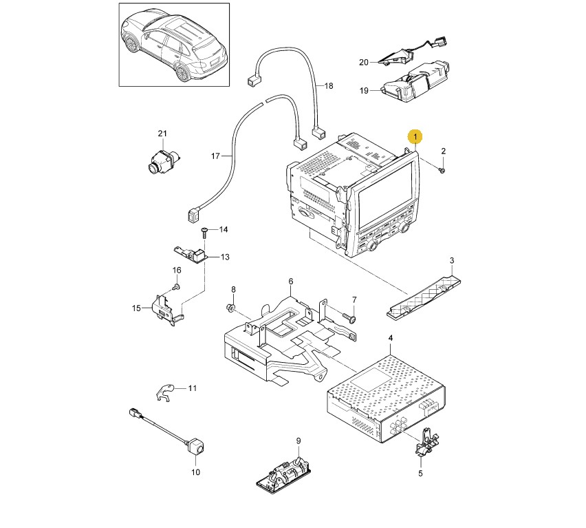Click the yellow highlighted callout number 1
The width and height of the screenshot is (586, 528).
pos(415,137)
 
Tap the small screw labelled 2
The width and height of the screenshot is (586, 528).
pos(442,169)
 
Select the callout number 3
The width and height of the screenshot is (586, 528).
pos(452,260)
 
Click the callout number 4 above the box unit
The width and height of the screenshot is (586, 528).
pos(391,339)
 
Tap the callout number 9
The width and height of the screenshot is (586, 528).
pos(299,441)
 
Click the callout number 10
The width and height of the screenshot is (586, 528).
pos(195,472)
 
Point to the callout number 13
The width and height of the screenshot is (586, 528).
pos(224,257)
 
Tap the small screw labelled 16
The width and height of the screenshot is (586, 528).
pos(176,286)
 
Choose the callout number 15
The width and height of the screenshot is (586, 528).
pos(136,308)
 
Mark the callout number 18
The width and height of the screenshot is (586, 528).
pos(328,86)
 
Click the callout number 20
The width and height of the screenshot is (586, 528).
pos(364,63)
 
